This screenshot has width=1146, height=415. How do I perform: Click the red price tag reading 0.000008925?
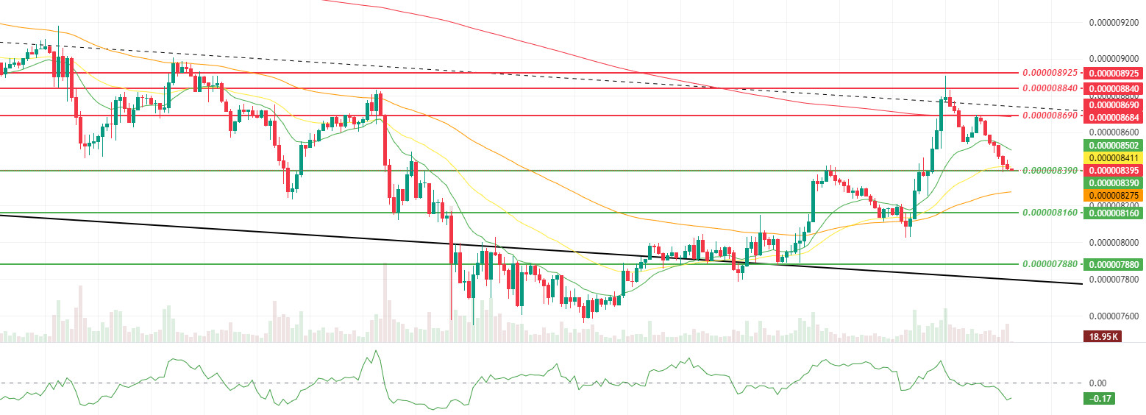point(1114,74)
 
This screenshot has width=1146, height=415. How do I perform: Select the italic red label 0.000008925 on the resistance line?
point(1050,74)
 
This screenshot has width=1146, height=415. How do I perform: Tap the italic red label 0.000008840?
point(1050,88)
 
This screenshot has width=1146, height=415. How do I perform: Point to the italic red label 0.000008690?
point(1050,116)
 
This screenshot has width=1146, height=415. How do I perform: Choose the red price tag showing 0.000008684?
point(1114,118)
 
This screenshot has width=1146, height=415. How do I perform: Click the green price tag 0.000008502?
point(1114,146)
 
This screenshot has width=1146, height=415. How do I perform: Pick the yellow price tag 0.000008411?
point(1114,157)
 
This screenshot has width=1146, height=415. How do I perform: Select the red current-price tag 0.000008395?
point(1114,170)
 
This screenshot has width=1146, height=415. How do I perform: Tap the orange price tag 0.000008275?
point(1114,195)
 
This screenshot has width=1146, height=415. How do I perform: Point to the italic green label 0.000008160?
point(1050,212)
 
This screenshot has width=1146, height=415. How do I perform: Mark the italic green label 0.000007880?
point(1050,264)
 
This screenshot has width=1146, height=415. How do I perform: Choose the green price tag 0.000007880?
point(1114,264)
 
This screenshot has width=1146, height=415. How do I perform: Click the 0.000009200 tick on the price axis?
point(1114,22)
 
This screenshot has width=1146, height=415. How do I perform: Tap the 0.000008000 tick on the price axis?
point(1114,242)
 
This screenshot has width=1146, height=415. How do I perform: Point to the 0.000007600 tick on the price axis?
point(1114,316)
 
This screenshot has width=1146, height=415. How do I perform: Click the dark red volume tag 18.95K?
point(1101,337)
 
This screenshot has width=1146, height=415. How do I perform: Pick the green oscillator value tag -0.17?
point(1102,399)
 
